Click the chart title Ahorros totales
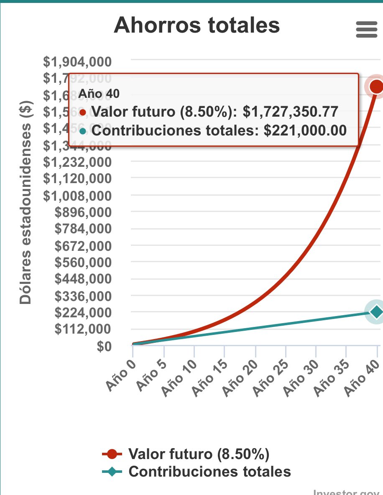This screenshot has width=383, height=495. pos(197,25)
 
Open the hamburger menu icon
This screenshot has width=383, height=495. pos(366,30)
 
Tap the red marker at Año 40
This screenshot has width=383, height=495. pos(377,87)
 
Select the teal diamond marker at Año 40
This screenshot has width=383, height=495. pos(377,311)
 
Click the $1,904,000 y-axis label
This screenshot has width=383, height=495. pos(77,62)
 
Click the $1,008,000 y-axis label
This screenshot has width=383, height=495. pos(77,196)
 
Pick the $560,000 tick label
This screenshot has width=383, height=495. pos(83,263)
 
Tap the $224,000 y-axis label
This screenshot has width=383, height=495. pos(83,312)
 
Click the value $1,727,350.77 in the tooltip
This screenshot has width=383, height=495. pos(290,112)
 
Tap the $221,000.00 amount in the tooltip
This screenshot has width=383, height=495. pos(305,131)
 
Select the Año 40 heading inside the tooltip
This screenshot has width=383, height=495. pos(99,94)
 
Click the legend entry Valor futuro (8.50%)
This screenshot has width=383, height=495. pos(198,454)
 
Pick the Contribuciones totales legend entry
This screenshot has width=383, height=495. pos(209,472)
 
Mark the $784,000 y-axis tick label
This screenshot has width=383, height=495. pos(83,229)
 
